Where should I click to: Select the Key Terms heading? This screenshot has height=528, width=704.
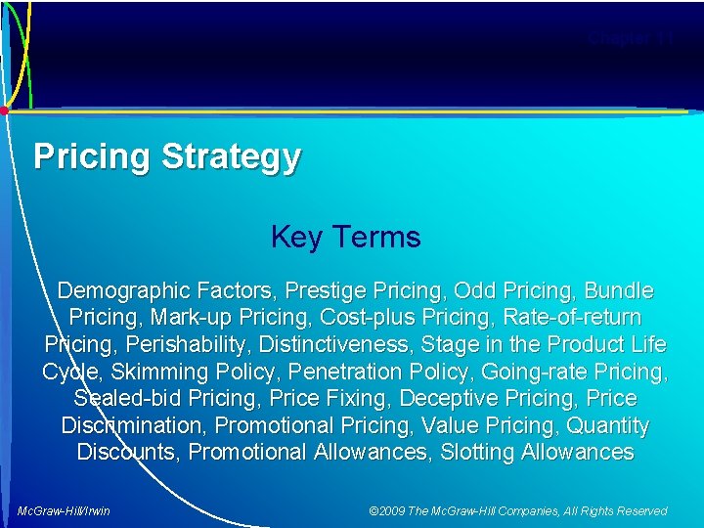coord(345,237)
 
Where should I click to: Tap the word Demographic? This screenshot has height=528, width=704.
coord(124,291)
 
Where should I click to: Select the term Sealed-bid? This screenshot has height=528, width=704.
coord(126,399)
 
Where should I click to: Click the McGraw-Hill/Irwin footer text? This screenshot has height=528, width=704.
coord(65,510)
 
